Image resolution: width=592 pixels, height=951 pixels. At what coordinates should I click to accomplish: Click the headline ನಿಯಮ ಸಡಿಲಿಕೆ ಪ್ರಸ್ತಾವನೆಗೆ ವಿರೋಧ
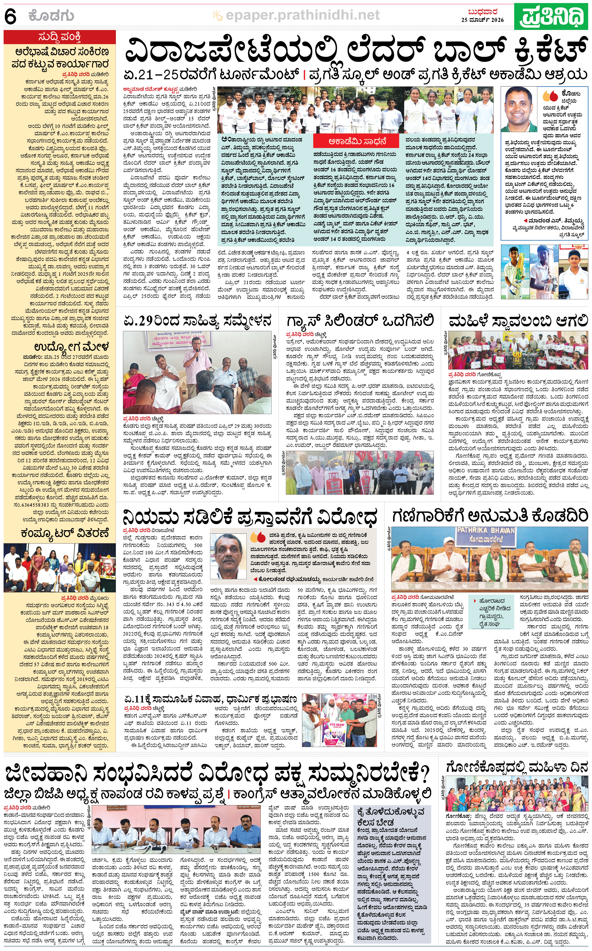pyautogui.click(x=250, y=517)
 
